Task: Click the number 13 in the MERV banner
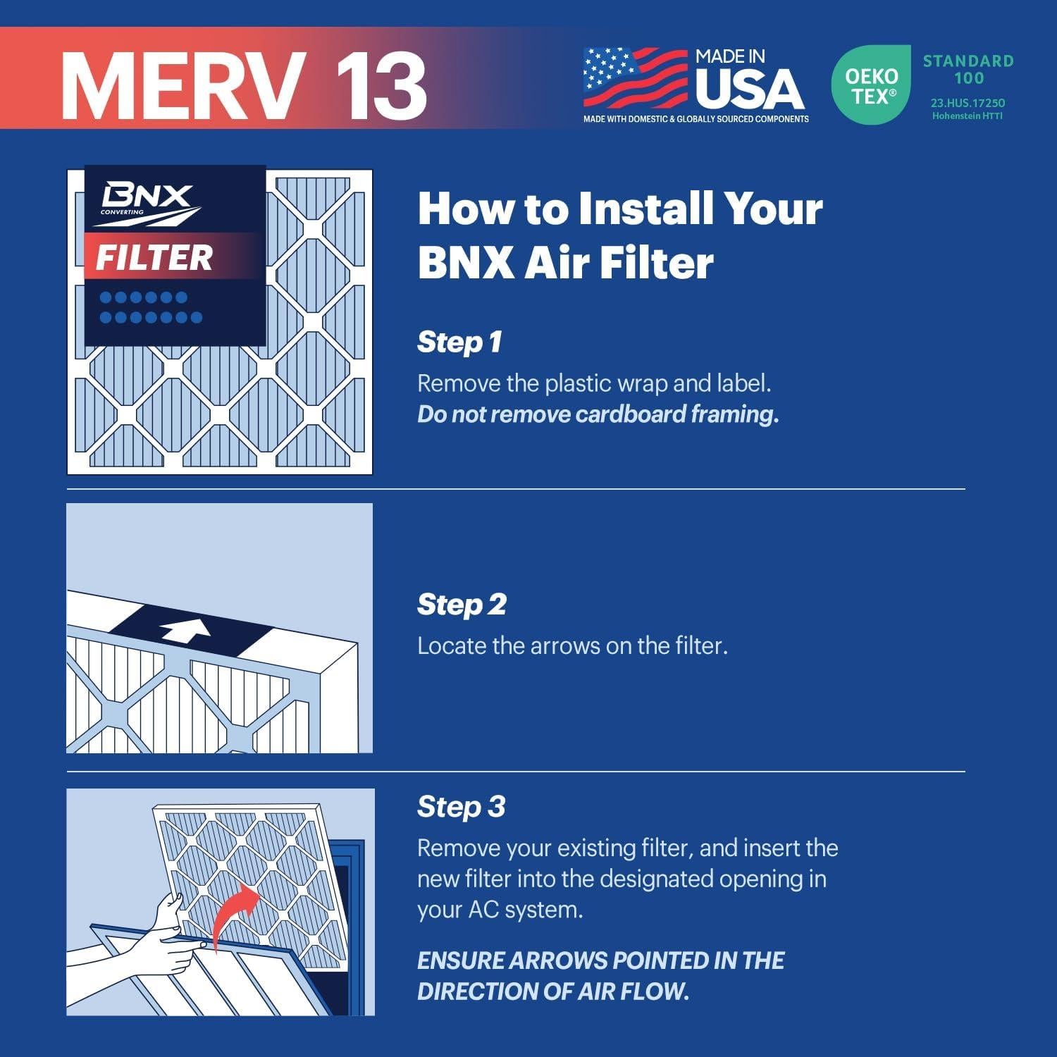point(381,85)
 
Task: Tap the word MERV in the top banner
point(183,85)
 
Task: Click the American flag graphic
point(635,78)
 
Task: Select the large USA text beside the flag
point(749,89)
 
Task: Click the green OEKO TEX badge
point(872,85)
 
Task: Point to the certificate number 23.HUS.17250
point(968,103)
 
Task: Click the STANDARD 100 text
point(968,69)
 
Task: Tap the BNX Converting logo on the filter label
point(147,203)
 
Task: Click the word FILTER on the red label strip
point(154,258)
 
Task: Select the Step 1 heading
point(459,342)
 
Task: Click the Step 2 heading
point(462,605)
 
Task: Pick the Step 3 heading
point(461,807)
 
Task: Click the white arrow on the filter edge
point(185,630)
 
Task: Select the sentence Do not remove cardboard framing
point(598,414)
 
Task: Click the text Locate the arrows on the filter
point(572,646)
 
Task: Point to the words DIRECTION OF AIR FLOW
point(552,991)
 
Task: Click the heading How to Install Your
point(620,209)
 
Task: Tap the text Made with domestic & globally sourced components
point(696,119)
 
